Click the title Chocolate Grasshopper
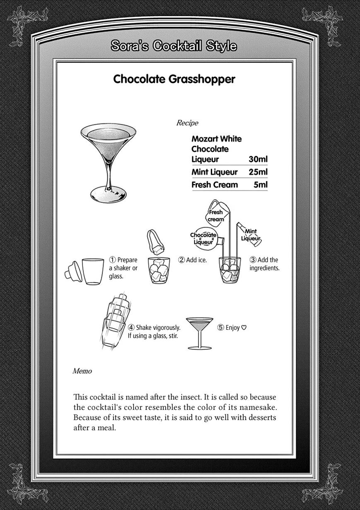coord(174,79)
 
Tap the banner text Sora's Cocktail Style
coord(174,46)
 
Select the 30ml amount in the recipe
coord(258,160)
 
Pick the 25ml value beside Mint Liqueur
coord(258,172)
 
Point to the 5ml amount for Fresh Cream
coord(261,185)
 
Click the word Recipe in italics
coord(187,123)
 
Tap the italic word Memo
coord(82,371)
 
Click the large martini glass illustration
coord(108,162)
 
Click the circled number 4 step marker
coord(131,328)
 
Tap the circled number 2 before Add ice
coord(181,260)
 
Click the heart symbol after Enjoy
coord(244,328)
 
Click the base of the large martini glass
coord(108,193)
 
